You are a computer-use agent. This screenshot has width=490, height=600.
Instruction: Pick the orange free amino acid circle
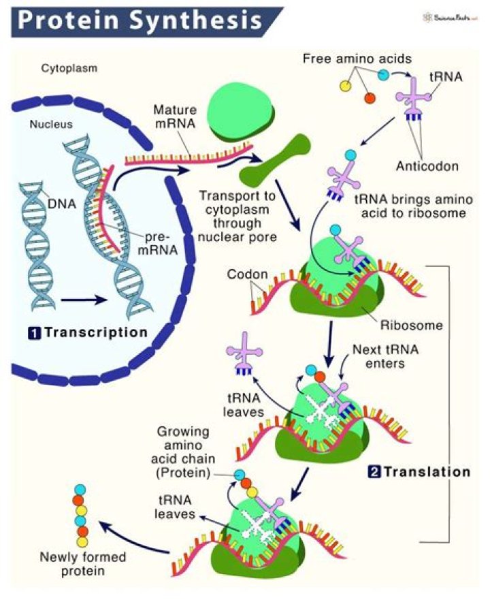pyautogui.click(x=370, y=99)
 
